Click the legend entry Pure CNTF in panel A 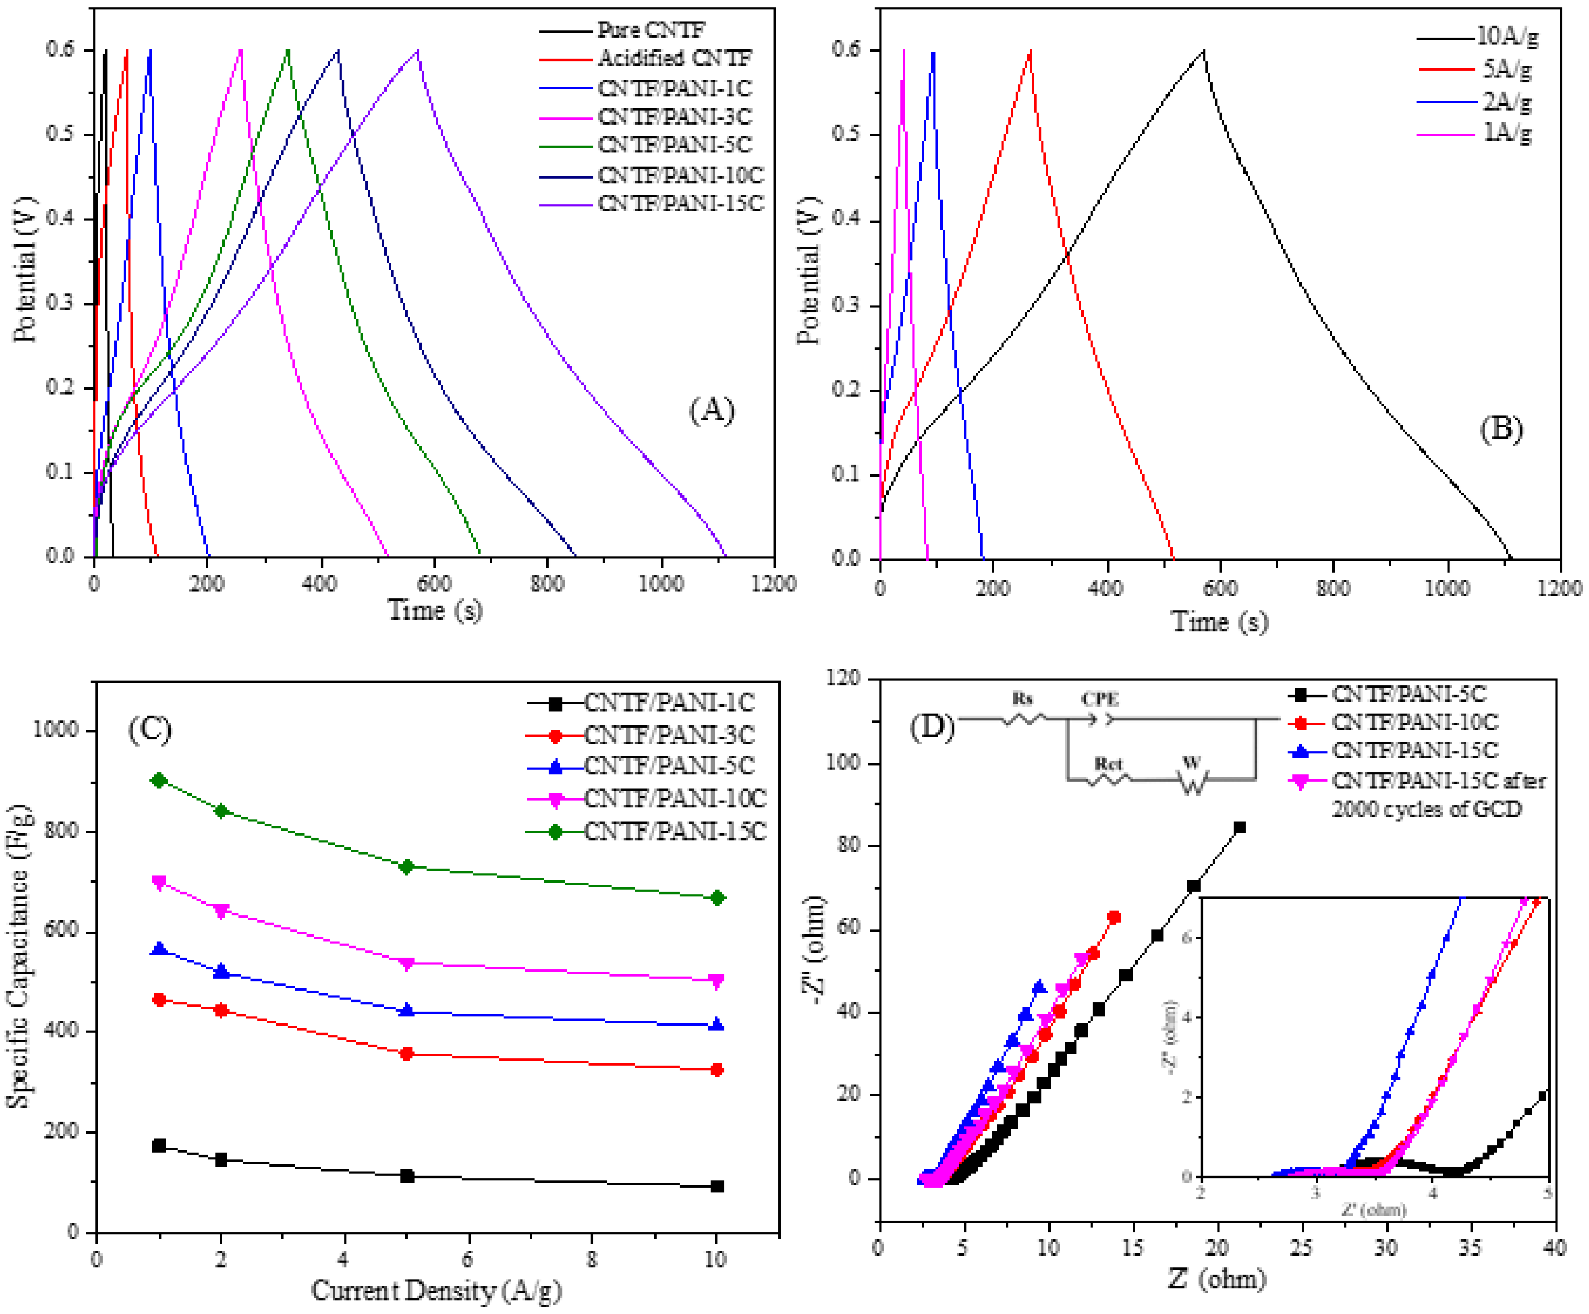click(651, 30)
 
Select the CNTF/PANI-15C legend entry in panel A click(680, 203)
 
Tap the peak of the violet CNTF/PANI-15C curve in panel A click(418, 51)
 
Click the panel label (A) click(711, 410)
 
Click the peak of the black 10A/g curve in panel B click(1203, 51)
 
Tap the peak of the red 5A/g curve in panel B click(1030, 51)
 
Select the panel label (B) click(1500, 429)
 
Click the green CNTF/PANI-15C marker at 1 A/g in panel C click(159, 780)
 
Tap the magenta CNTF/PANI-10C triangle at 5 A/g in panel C click(406, 963)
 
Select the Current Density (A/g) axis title click(436, 1290)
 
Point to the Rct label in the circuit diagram click(1108, 763)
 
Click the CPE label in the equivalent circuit click(1098, 698)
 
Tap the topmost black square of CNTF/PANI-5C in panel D click(1239, 828)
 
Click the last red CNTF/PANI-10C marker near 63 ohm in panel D click(1114, 917)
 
